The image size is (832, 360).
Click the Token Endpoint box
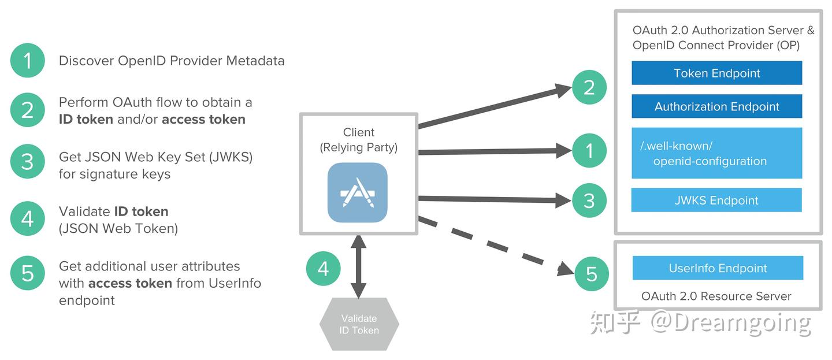click(x=716, y=73)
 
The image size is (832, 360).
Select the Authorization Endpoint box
click(x=716, y=106)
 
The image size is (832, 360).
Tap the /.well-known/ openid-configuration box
click(x=716, y=153)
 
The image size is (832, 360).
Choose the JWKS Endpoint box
click(x=716, y=201)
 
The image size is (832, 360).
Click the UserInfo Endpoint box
click(x=718, y=268)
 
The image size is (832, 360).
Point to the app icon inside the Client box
click(x=358, y=192)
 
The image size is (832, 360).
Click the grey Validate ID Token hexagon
click(x=359, y=324)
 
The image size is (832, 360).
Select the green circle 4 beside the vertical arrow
click(x=324, y=268)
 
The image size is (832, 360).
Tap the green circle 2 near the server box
click(x=589, y=88)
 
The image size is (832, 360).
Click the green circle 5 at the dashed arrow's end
click(x=591, y=273)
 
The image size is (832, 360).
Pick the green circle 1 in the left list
click(x=27, y=61)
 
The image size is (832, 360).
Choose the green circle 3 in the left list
click(x=27, y=162)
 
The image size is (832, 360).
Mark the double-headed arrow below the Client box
click(x=359, y=266)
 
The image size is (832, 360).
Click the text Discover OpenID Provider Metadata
click(x=172, y=61)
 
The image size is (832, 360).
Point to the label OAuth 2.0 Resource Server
click(x=716, y=296)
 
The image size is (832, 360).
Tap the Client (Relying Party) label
click(x=358, y=140)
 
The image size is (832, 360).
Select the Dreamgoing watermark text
click(x=730, y=323)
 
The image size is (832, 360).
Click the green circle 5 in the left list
click(x=27, y=273)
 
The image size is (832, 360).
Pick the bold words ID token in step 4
click(x=141, y=211)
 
